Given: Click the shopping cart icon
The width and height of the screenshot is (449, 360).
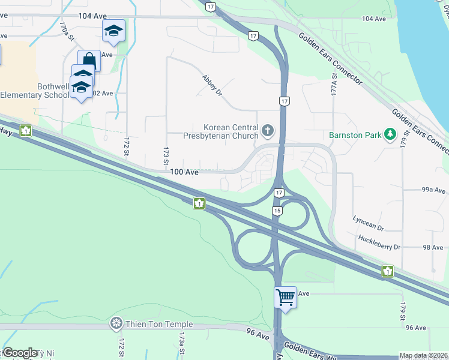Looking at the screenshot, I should click(x=285, y=296).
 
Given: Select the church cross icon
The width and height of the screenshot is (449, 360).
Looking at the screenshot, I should click(x=268, y=129).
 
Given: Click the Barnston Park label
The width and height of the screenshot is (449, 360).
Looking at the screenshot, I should click(x=355, y=134).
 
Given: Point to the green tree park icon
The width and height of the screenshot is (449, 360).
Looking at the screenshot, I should click(x=390, y=133).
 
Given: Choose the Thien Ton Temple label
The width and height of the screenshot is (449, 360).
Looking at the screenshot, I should click(x=158, y=324).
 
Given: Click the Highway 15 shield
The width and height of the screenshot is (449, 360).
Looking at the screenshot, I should click(x=277, y=211).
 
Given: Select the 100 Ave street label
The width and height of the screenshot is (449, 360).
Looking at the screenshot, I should click(x=184, y=172).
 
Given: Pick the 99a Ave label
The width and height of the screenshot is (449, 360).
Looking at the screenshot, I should click(x=433, y=190).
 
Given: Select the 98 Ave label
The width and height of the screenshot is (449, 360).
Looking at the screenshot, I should click(x=433, y=247).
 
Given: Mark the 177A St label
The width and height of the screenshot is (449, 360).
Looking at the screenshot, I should click(x=334, y=82).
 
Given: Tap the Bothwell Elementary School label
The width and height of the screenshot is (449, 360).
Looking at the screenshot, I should click(x=36, y=91).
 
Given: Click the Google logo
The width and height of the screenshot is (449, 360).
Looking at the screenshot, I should click(x=21, y=353).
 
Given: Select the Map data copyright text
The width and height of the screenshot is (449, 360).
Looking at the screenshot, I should click(x=424, y=355).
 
